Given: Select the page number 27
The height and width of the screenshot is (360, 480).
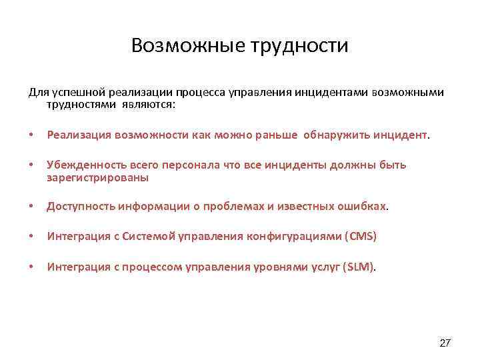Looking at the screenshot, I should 445,343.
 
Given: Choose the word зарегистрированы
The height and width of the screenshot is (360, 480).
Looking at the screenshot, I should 97,178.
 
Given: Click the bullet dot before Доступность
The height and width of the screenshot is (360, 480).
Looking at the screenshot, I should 31,207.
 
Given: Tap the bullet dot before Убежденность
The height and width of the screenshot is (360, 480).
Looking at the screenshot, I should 31,165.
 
